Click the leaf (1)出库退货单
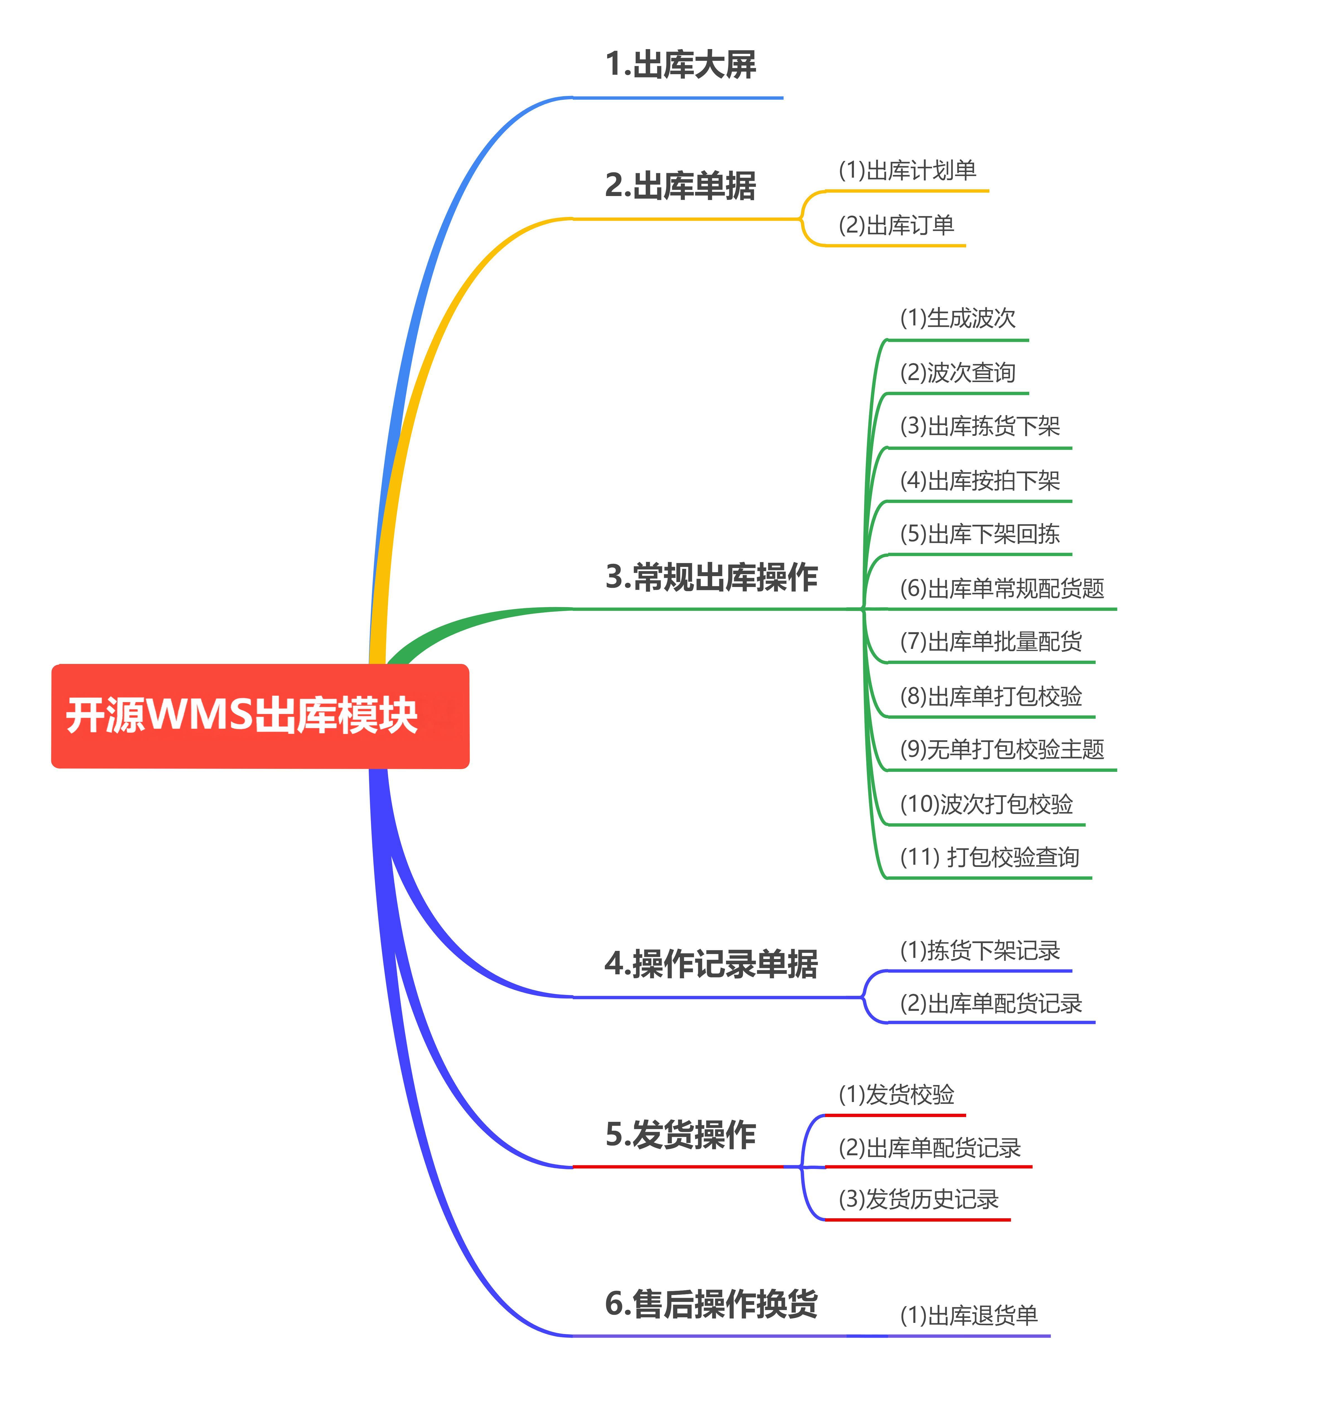pos(969,1315)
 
